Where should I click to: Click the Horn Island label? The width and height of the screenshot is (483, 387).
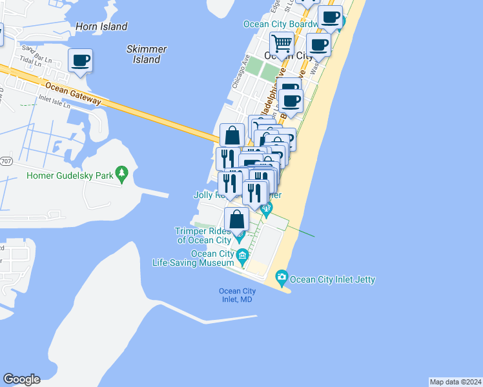coord(101,26)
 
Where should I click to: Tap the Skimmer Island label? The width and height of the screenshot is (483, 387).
coord(147,54)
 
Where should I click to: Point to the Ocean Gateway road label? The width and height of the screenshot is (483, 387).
coord(74,92)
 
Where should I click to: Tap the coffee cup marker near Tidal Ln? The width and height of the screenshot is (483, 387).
coord(81,61)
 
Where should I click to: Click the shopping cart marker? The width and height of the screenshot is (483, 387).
coord(282,44)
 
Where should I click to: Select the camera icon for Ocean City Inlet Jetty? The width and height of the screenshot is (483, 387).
coord(282,279)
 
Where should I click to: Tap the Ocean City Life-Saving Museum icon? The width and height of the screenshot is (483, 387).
coord(243,257)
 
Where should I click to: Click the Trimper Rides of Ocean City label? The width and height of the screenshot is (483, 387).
coord(203,235)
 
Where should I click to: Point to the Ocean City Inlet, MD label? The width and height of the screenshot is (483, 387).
coord(238,295)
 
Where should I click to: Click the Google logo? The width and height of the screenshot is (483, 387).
coord(21,379)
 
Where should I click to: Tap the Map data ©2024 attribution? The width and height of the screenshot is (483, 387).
coord(455,381)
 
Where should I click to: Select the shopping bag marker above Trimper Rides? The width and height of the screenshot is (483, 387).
coord(237,219)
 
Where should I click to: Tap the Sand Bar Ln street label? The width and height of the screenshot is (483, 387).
coord(36,50)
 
